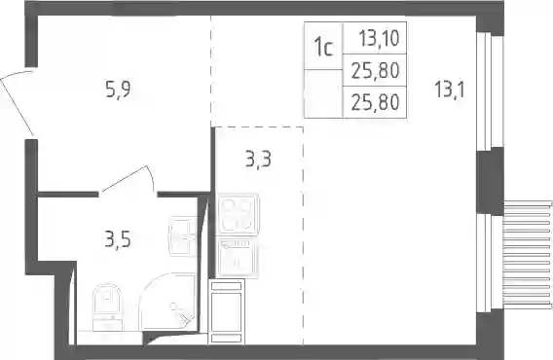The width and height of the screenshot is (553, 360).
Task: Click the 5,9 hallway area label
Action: tap(118, 89)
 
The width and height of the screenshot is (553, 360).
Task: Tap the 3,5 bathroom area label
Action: tap(118, 238)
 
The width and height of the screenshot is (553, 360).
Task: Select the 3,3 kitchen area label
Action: tap(259, 159)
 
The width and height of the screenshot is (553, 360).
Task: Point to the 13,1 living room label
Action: tap(450, 89)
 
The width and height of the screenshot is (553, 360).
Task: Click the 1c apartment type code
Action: tap(324, 48)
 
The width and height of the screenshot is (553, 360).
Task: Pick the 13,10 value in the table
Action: tap(379, 38)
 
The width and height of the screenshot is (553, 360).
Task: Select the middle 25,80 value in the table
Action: tap(375, 70)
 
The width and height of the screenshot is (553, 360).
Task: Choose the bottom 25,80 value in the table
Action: tap(375, 102)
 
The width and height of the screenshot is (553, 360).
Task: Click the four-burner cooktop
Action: tap(239, 214)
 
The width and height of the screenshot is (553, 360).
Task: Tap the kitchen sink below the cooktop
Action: tap(239, 258)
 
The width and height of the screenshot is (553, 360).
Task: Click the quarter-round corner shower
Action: tap(167, 302)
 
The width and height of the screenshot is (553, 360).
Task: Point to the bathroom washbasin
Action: tap(183, 235)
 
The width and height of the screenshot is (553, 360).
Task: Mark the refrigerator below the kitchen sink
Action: tap(227, 311)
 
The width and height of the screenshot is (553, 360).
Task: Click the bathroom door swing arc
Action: tap(151, 177)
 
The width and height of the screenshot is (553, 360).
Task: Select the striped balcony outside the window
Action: tap(528, 255)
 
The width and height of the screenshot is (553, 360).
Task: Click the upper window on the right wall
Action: tap(489, 91)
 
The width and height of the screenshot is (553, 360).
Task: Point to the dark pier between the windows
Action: tap(490, 181)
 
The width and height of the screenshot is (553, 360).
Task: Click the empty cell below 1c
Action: tap(323, 93)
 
